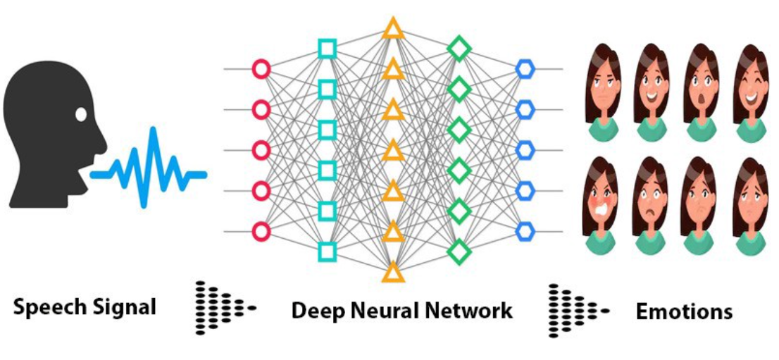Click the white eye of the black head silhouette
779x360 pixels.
point(81,113)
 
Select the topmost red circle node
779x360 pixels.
point(261,69)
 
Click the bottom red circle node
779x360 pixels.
point(261,231)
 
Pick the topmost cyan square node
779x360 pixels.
point(327,49)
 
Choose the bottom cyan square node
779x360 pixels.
point(327,252)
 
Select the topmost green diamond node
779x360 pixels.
point(459,49)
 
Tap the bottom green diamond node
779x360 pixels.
point(459,252)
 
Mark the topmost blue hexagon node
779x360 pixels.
point(525,69)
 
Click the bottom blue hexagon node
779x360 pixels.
point(525,231)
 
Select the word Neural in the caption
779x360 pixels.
point(377,310)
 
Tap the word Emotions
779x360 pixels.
point(684,311)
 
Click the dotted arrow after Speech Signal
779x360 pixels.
point(223,308)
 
